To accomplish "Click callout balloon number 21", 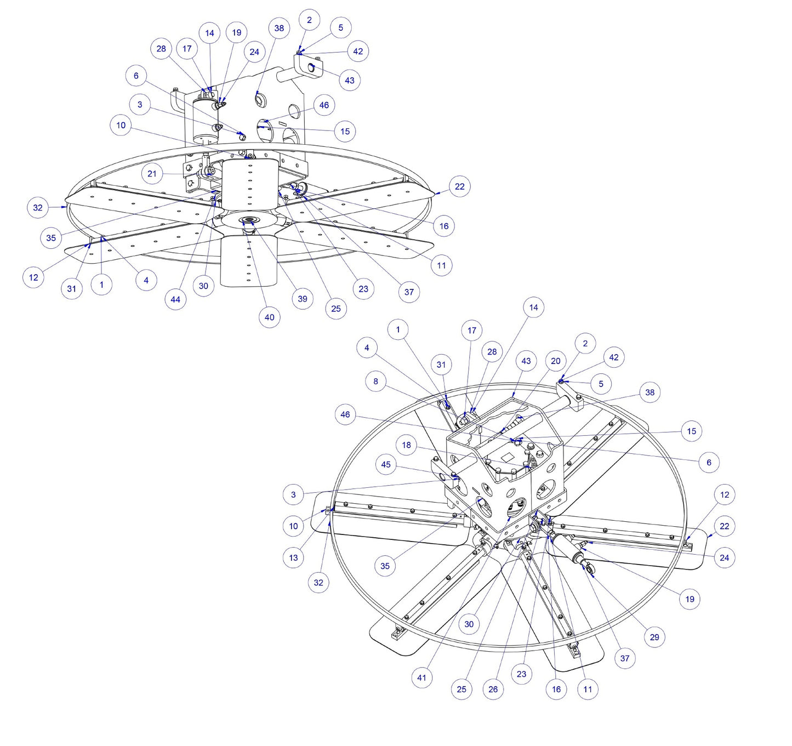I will [152, 174].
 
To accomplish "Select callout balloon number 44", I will [175, 299].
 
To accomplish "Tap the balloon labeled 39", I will [303, 299].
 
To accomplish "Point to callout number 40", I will [269, 317].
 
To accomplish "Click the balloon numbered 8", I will [375, 381].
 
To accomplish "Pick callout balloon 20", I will [555, 361].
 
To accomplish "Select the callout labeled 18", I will [406, 445].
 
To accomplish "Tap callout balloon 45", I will [386, 464].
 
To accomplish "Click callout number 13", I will [293, 557].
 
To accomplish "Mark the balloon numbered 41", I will [421, 677].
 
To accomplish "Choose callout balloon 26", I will [493, 689].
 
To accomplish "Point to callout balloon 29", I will [654, 637].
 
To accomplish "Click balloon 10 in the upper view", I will [121, 125].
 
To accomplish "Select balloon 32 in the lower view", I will [318, 583].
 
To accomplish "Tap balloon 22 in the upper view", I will [459, 186].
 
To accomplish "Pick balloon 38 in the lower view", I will [649, 392].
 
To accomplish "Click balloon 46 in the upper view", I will [324, 105].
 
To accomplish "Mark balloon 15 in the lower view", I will [691, 431].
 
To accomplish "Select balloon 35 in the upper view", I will [51, 238].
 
